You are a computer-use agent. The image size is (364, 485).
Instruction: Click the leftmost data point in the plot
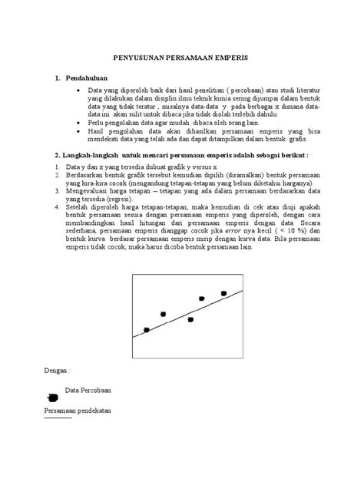147,330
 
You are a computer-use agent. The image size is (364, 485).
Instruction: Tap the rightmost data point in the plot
223,293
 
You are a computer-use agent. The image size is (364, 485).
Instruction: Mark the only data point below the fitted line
190,319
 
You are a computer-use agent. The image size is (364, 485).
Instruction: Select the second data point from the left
163,314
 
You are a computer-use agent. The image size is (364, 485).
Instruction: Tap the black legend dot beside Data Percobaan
52,397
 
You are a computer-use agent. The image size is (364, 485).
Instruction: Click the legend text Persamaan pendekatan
77,411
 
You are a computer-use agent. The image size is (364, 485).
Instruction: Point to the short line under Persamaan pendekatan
57,419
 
